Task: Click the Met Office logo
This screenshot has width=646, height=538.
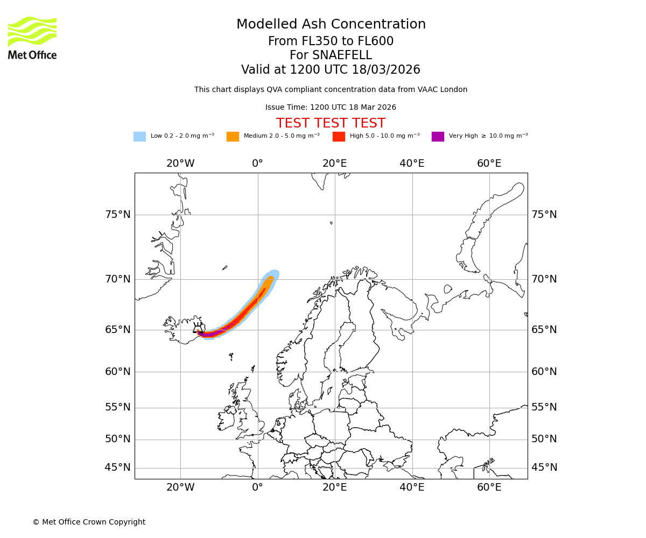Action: click(32, 38)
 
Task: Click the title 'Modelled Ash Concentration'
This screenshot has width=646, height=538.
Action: click(331, 25)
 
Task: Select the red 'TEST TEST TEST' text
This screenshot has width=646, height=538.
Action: click(331, 123)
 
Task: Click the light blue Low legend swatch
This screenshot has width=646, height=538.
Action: click(139, 136)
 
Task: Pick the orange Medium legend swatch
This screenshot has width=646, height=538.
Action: click(233, 136)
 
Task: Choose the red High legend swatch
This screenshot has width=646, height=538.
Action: click(339, 136)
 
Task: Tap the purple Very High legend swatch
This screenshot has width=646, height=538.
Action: click(438, 136)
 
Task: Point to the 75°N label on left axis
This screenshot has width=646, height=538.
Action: click(117, 215)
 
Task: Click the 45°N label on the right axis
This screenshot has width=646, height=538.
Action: click(544, 468)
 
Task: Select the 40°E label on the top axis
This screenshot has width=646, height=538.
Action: click(412, 164)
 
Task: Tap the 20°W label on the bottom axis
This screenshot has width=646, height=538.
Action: click(180, 487)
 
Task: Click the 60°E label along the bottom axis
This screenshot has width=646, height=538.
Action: click(489, 487)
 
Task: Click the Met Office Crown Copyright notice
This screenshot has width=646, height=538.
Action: click(89, 522)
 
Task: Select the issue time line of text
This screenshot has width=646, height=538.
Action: click(331, 107)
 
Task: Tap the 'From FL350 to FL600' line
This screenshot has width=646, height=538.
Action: click(331, 41)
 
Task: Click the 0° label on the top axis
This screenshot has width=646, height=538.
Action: click(257, 164)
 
